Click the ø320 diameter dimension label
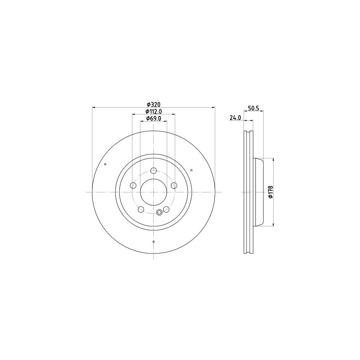(x=153, y=105)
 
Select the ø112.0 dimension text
(x=154, y=112)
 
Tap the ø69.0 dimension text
(x=154, y=118)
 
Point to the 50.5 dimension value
(x=254, y=108)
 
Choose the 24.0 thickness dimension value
(x=235, y=118)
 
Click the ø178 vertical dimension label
(x=270, y=192)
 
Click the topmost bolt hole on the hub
(x=154, y=170)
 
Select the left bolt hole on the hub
(x=133, y=185)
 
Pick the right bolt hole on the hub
(x=174, y=185)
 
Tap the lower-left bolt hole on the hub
(x=141, y=209)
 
